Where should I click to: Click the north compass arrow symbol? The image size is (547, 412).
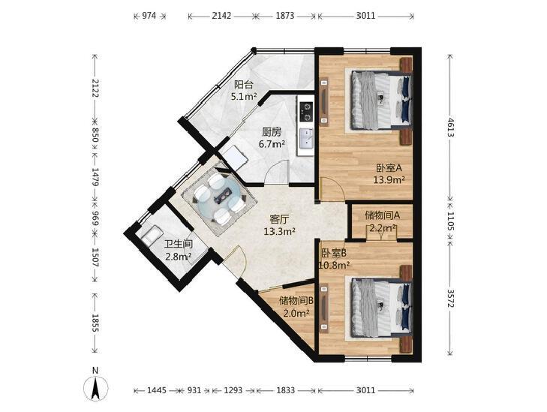click(x=95, y=387)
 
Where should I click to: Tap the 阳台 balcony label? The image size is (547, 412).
click(x=244, y=84)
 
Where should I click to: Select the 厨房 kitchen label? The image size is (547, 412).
click(x=272, y=132)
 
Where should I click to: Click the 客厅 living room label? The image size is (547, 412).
click(x=279, y=219)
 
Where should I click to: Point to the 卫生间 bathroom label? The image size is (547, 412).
click(x=179, y=244)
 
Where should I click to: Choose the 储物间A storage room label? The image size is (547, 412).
click(x=383, y=215)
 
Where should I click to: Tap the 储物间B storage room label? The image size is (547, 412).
click(x=297, y=300)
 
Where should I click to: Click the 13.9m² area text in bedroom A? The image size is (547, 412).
click(x=389, y=180)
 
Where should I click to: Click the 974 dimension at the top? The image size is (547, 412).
click(x=149, y=16)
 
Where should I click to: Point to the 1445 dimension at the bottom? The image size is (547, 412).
click(x=156, y=390)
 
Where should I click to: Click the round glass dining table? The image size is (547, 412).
click(x=220, y=200)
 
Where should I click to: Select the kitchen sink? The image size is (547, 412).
click(x=306, y=138)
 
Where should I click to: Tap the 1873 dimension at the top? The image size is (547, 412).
click(x=285, y=16)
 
